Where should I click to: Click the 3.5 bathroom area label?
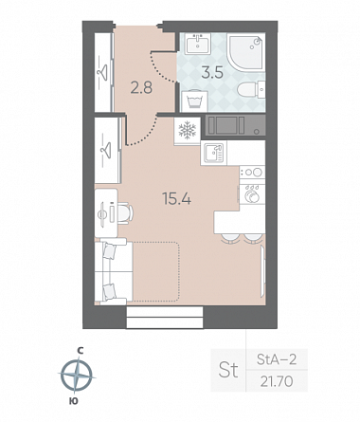coord(212,73)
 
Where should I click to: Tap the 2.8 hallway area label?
coord(141,87)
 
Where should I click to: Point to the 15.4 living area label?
coord(176,199)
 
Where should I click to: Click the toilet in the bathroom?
coord(251,90)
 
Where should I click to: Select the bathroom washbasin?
coord(198,45)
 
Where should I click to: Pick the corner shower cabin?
coord(245,51)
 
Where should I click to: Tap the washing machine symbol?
coord(194,101)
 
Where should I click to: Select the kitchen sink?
coord(214,153)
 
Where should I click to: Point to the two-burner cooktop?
coord(252,173)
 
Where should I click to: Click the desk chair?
coord(126,213)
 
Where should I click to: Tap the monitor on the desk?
coord(103,214)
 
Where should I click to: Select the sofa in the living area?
coord(114,271)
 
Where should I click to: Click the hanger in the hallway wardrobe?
coord(102,73)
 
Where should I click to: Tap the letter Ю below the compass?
coord(73,401)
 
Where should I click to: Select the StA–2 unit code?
coord(277,359)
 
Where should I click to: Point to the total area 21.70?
coord(277,381)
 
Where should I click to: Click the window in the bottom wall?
coord(165,318)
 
